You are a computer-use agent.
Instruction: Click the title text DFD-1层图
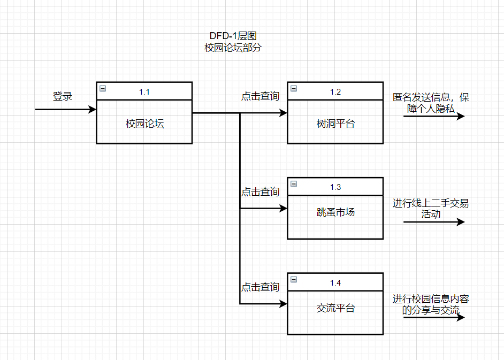[233, 36]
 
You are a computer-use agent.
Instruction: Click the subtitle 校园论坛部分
[233, 47]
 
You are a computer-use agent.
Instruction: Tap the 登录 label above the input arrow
[62, 96]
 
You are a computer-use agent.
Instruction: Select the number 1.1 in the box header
[144, 91]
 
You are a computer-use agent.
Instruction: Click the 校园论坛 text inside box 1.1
[144, 124]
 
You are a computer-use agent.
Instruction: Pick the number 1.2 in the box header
[335, 91]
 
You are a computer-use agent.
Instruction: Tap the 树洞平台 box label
[335, 124]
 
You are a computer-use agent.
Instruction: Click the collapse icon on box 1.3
[294, 184]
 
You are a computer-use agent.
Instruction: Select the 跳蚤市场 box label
[335, 212]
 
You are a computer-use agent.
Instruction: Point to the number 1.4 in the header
[335, 282]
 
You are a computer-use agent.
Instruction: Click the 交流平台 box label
[335, 308]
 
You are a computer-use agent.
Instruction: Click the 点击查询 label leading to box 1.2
[260, 96]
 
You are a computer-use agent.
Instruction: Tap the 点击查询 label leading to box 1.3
[260, 192]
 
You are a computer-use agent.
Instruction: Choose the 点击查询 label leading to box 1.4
[260, 287]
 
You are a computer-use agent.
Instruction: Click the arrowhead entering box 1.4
[283, 304]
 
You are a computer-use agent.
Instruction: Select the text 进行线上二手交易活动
[431, 209]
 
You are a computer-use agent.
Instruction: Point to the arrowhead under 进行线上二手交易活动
[461, 222]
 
